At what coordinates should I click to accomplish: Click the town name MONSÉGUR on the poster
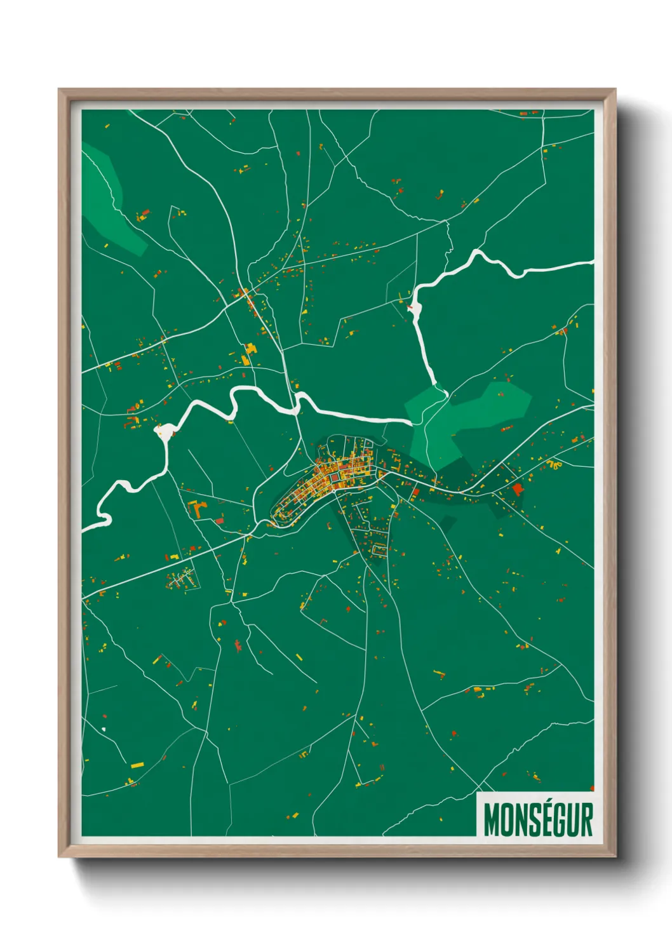tap(537, 820)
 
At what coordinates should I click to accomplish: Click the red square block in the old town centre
tap(332, 476)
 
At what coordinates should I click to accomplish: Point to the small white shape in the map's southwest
tap(104, 729)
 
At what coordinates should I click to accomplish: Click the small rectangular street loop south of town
tap(380, 549)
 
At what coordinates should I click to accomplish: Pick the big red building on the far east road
tap(517, 488)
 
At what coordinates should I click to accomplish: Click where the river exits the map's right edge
tap(592, 262)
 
